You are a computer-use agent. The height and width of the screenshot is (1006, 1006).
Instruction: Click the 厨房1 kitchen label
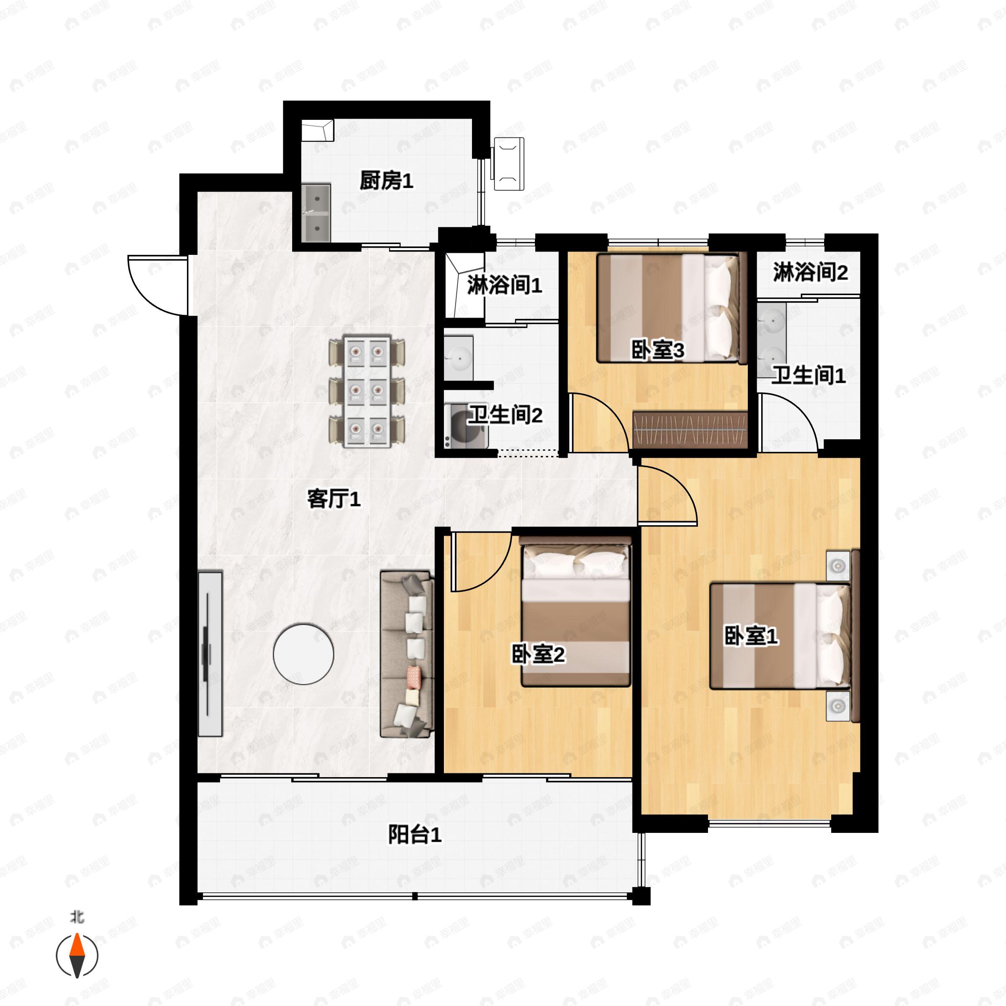pos(386,181)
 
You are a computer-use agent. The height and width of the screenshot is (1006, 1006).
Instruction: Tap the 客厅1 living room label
pos(334,499)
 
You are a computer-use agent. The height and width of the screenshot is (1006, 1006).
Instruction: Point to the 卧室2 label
pos(538,654)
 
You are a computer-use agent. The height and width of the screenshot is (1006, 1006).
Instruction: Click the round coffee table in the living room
pos(303,654)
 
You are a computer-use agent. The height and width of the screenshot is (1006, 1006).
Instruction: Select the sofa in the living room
pos(407,654)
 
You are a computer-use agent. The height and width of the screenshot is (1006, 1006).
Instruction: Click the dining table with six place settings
pos(367,392)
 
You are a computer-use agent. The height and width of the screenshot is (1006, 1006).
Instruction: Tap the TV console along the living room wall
pos(210,654)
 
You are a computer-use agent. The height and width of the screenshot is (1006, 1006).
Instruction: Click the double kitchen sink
pos(316,213)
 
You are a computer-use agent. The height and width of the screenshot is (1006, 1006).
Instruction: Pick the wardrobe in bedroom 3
pos(690,429)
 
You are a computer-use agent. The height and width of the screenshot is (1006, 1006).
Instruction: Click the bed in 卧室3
pos(672,308)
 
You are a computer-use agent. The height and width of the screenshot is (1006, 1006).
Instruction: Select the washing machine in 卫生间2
pos(466,426)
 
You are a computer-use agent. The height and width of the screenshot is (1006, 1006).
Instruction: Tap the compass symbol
pos(77,956)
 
